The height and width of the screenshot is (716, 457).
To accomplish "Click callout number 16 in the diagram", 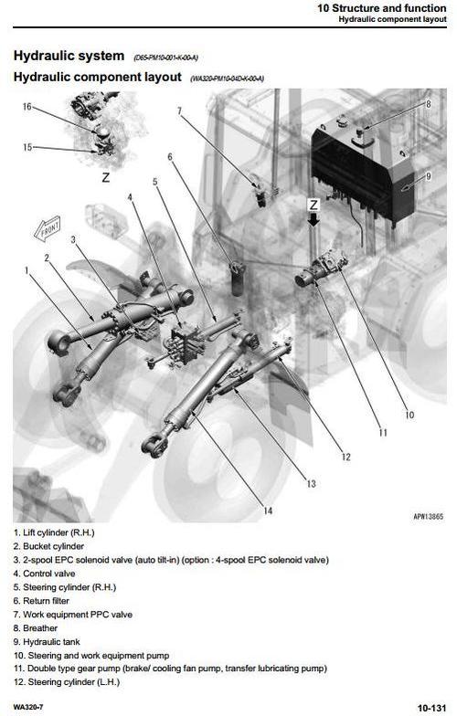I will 27,107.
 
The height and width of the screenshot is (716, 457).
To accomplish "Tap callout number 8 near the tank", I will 428,104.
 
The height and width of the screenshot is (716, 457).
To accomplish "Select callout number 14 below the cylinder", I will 268,511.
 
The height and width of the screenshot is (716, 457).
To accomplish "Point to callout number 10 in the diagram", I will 409,415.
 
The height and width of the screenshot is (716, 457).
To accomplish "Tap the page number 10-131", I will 431,707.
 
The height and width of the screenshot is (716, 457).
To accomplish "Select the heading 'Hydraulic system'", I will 69,56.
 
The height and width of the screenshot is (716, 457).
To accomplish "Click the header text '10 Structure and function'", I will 382,7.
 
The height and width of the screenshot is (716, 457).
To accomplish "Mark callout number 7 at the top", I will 179,111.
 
